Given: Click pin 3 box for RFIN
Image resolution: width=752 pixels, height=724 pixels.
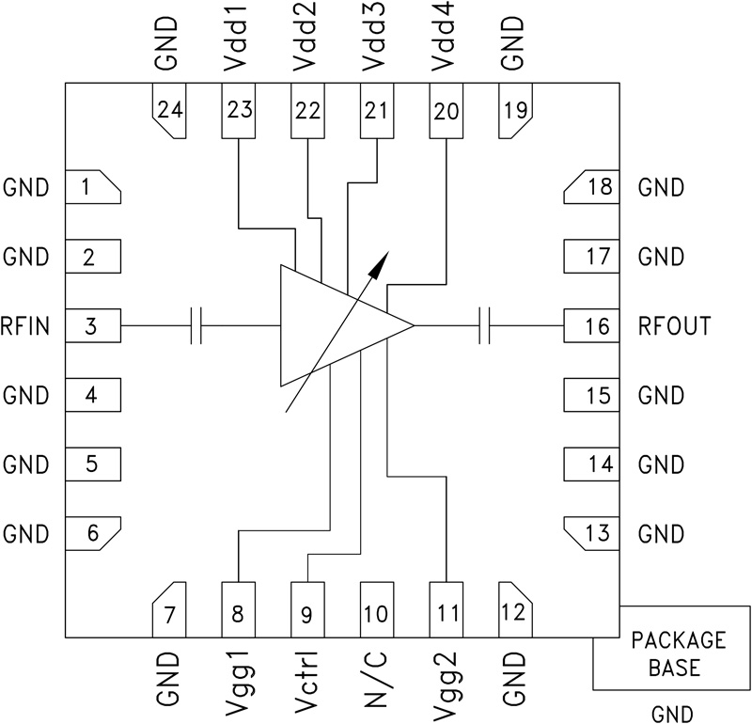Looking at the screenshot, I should pyautogui.click(x=92, y=326).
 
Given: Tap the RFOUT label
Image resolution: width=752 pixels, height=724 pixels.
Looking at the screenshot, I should pyautogui.click(x=674, y=326).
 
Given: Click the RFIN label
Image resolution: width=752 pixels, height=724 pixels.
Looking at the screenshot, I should pyautogui.click(x=25, y=326).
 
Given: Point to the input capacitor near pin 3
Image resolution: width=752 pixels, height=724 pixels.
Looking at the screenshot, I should pyautogui.click(x=196, y=326).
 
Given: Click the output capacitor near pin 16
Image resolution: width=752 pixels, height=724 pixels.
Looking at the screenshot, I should pyautogui.click(x=485, y=326).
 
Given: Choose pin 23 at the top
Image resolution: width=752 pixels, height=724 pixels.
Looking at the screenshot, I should pyautogui.click(x=239, y=111).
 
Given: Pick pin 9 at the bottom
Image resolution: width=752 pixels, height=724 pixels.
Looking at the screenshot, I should pyautogui.click(x=307, y=613).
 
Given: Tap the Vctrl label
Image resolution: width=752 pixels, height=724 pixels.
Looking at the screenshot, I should pyautogui.click(x=307, y=677).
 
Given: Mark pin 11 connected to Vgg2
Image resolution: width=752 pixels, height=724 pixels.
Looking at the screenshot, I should pyautogui.click(x=446, y=613).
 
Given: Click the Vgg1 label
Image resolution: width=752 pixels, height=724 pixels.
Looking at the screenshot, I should pyautogui.click(x=239, y=677).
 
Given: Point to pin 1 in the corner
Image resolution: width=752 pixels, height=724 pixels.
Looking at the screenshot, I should pyautogui.click(x=92, y=186).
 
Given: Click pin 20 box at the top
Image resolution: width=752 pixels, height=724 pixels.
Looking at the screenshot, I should pyautogui.click(x=446, y=111).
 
